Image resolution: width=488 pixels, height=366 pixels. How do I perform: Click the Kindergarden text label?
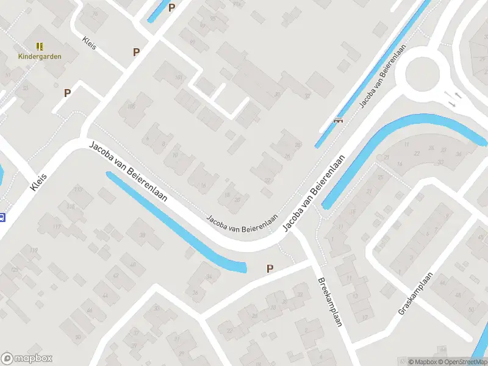[39, 56]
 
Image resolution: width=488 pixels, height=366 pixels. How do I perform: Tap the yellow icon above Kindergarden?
[40, 46]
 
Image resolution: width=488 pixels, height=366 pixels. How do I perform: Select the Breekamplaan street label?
[330, 302]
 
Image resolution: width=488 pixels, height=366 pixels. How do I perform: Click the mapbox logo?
[27, 359]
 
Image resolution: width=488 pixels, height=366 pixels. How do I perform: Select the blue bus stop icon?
[2, 217]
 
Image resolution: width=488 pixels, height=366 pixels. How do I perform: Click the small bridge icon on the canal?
[338, 120]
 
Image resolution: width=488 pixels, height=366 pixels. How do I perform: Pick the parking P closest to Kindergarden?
[68, 93]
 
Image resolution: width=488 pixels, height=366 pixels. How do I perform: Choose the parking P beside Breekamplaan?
[270, 268]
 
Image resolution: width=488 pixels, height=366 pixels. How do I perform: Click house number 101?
[179, 77]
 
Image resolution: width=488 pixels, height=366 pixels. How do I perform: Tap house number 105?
[131, 107]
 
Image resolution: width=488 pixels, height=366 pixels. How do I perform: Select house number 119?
[34, 251]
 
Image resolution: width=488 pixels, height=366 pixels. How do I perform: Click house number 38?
[143, 236]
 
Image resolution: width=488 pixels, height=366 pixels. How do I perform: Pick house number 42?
[116, 276]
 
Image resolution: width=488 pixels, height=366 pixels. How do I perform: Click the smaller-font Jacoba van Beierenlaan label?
[242, 222]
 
